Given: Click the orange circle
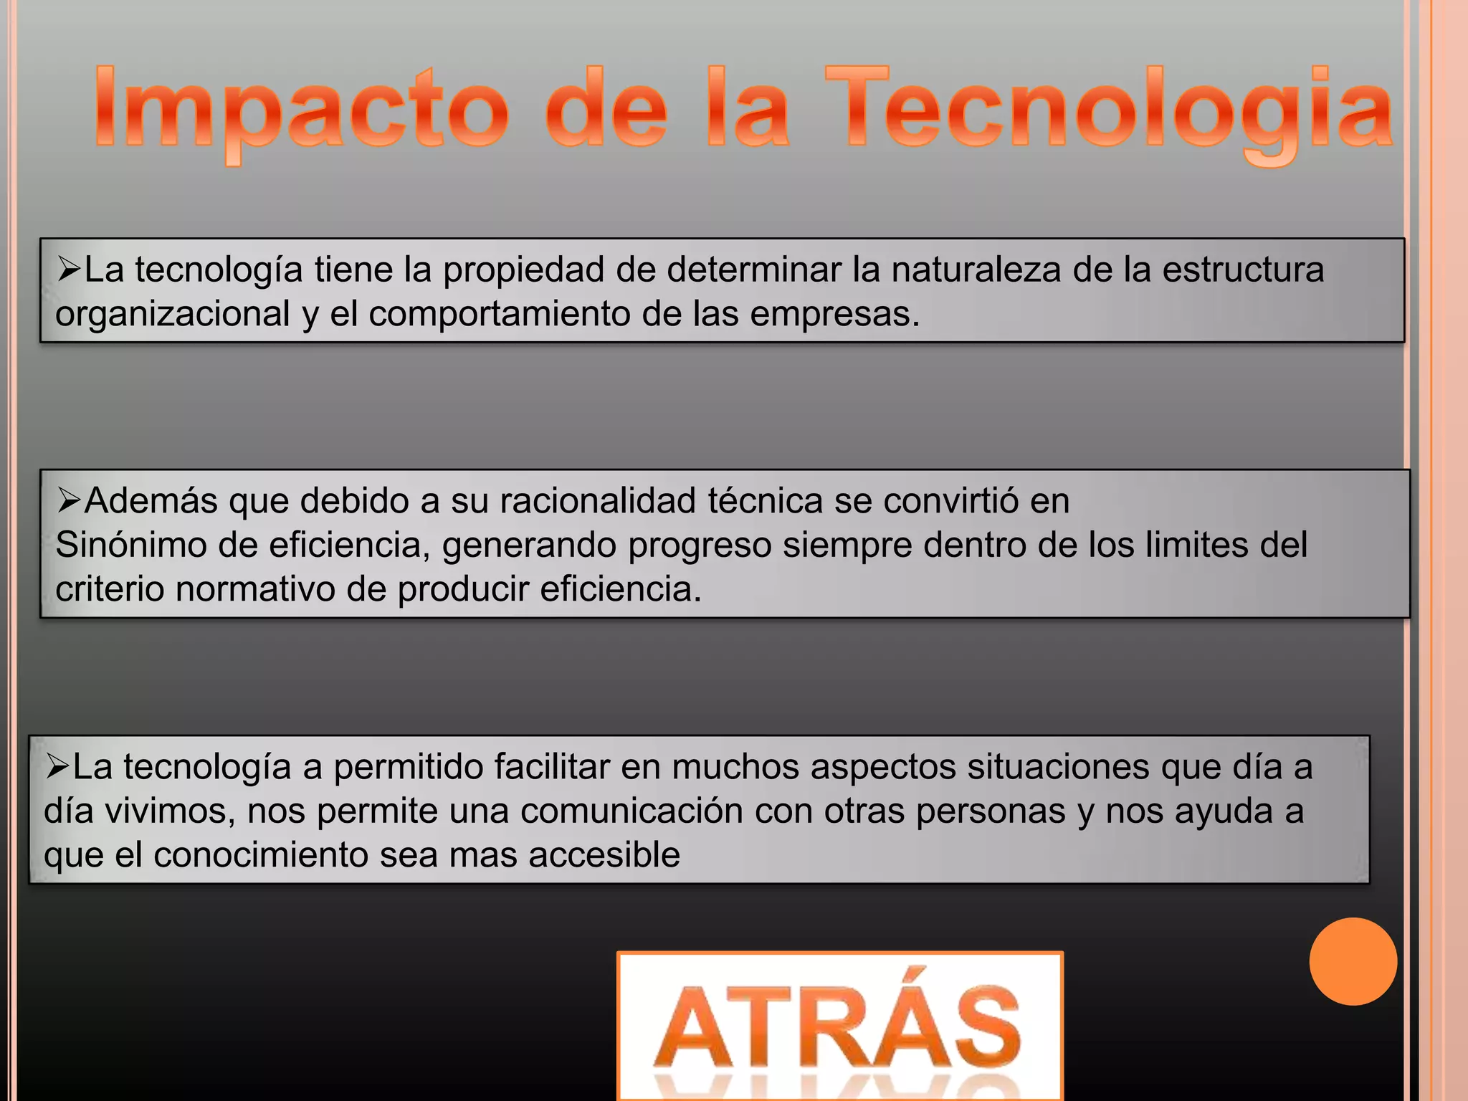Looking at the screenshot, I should coord(1353,961).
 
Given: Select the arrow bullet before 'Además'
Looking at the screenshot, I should coord(69,500).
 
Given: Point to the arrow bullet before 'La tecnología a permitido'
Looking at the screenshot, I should coord(57,766).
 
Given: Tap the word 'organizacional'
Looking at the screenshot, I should coord(173,315).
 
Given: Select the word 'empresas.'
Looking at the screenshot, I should coord(835,315).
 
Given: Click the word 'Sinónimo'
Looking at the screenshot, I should coord(131,545).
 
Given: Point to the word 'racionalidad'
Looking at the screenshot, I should coord(598,501).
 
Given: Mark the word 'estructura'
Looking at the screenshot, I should coord(1243,270).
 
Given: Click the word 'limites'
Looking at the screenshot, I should coord(1196,545).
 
